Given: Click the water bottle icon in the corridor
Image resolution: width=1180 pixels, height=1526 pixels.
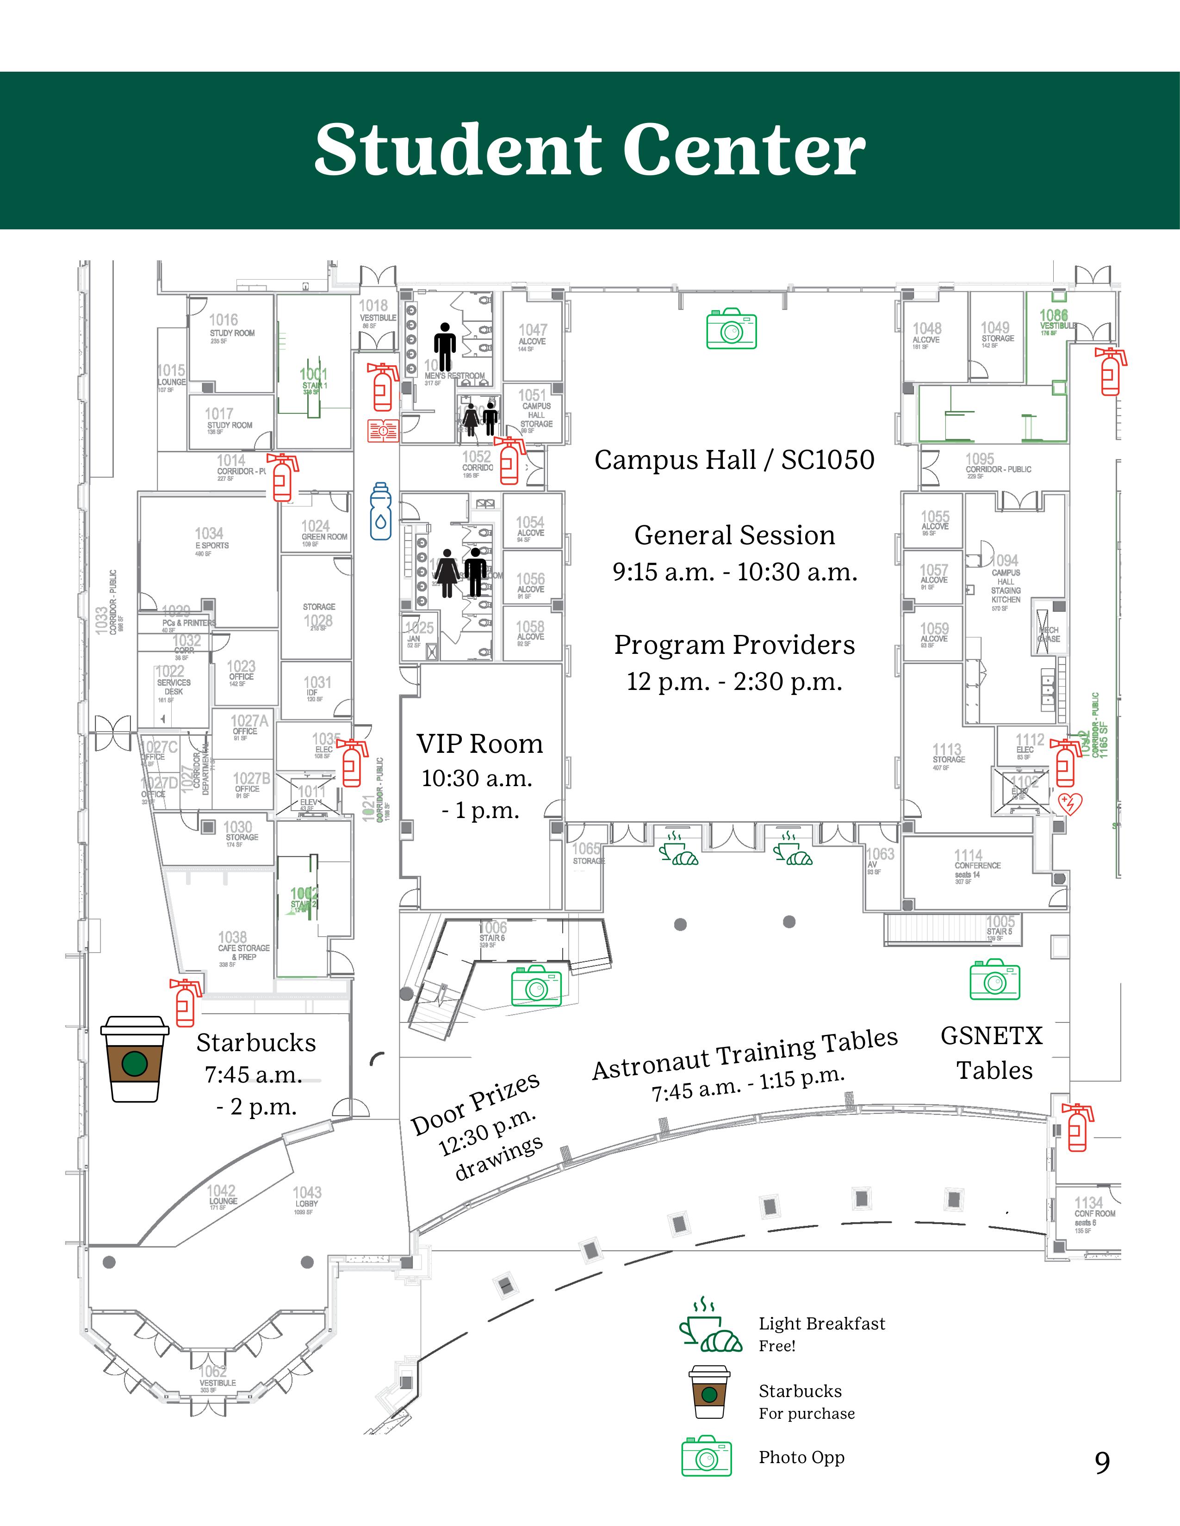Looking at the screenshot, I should click(x=380, y=511).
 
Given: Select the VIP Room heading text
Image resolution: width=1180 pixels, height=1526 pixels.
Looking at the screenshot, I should click(x=479, y=744).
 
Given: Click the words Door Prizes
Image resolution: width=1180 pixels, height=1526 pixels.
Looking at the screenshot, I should click(x=475, y=1104).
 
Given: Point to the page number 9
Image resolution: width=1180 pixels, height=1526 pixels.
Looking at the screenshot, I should click(x=1102, y=1462).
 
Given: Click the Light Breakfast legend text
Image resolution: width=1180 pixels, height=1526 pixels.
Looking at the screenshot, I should click(x=821, y=1323).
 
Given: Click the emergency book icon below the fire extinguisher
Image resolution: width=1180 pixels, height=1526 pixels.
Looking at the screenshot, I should click(x=383, y=431).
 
